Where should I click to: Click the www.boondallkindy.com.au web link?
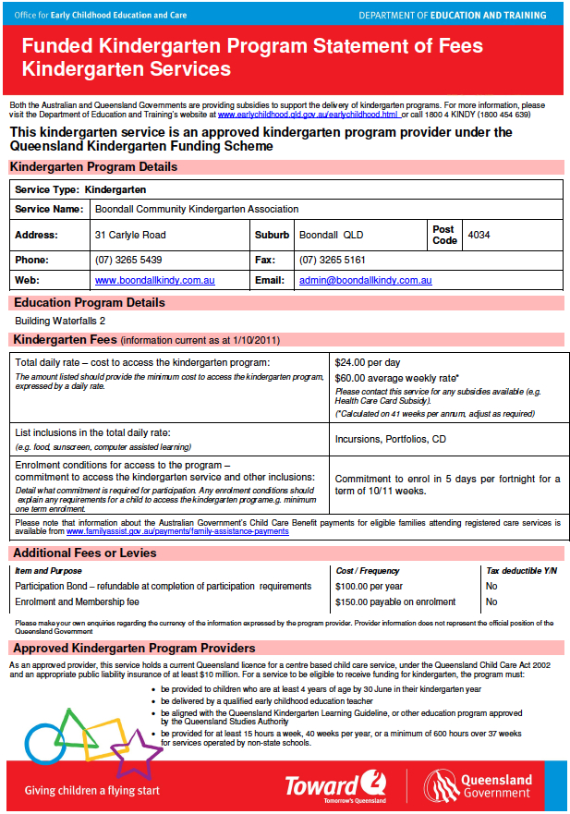[x=154, y=280]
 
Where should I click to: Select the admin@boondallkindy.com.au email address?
[x=365, y=280]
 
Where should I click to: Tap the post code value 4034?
[x=479, y=235]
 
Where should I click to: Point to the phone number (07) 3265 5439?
[x=128, y=260]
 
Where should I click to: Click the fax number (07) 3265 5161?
[x=332, y=260]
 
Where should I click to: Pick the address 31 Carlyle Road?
[x=130, y=235]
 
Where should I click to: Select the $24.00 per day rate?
[x=368, y=363]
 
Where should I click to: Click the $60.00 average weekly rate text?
[x=396, y=378]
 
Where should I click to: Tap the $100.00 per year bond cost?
[x=370, y=586]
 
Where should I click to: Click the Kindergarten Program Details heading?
[x=93, y=167]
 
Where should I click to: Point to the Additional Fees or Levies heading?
[x=84, y=553]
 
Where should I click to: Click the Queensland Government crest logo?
[x=442, y=785]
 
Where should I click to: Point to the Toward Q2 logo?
[x=334, y=785]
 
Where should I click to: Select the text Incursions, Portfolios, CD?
[x=391, y=439]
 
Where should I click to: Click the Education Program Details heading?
[x=90, y=302]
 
